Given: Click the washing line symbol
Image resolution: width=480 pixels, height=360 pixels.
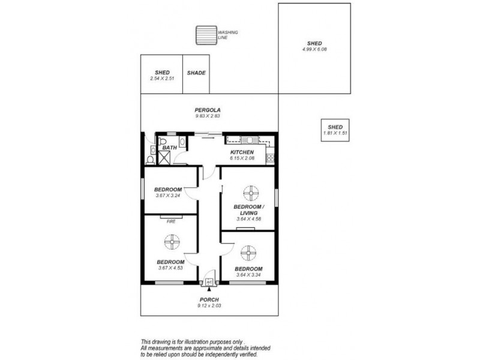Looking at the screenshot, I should point(206,35).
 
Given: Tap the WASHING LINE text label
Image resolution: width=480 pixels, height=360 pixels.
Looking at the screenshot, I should point(228,35).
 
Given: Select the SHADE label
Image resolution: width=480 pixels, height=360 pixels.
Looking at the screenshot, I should point(196,73).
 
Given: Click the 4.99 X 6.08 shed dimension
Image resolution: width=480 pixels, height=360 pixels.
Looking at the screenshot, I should point(314,49).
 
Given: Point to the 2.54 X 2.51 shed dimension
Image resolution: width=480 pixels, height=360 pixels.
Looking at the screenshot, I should point(161,78).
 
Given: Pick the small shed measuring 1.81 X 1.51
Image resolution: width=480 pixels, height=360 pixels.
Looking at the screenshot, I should point(335,130).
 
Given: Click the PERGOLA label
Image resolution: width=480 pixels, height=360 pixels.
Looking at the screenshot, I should point(208,110).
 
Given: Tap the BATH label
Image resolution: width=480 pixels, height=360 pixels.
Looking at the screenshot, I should point(169,147).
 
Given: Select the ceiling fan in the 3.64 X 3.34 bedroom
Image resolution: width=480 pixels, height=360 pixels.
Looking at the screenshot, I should point(248,252).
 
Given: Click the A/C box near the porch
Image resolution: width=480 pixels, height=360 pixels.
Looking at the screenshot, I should point(209,281).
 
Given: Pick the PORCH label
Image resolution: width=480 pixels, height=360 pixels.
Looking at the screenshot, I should point(209,299).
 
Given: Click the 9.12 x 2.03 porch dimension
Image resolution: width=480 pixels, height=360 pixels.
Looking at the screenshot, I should point(209,305).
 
